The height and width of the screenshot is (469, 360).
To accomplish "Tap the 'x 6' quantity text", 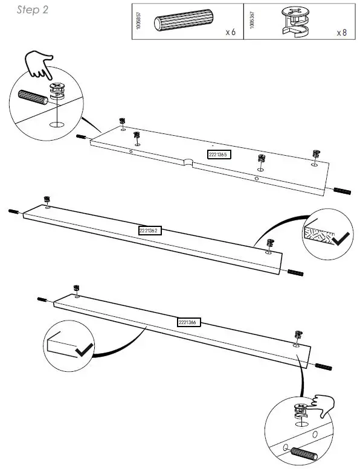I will click(x=230, y=32).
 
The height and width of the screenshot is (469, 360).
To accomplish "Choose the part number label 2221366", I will click(x=188, y=322).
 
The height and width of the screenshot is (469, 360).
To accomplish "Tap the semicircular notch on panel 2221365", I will click(x=189, y=161).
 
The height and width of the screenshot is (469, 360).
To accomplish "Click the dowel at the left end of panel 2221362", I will click(x=14, y=211).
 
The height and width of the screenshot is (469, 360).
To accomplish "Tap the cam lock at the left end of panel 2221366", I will click(x=77, y=289).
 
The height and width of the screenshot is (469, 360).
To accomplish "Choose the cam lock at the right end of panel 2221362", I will click(x=271, y=244).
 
